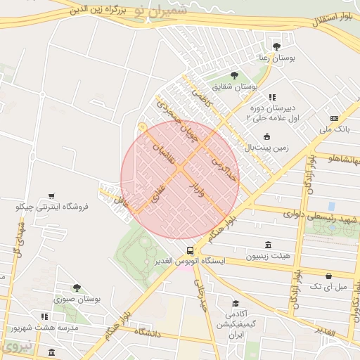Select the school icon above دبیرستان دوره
click(x=272, y=98)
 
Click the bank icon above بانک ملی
click(x=334, y=119)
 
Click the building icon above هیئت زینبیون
click(x=269, y=244)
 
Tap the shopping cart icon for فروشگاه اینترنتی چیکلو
click(x=51, y=196)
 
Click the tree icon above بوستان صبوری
click(x=77, y=288)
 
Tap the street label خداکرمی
click(x=225, y=166)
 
